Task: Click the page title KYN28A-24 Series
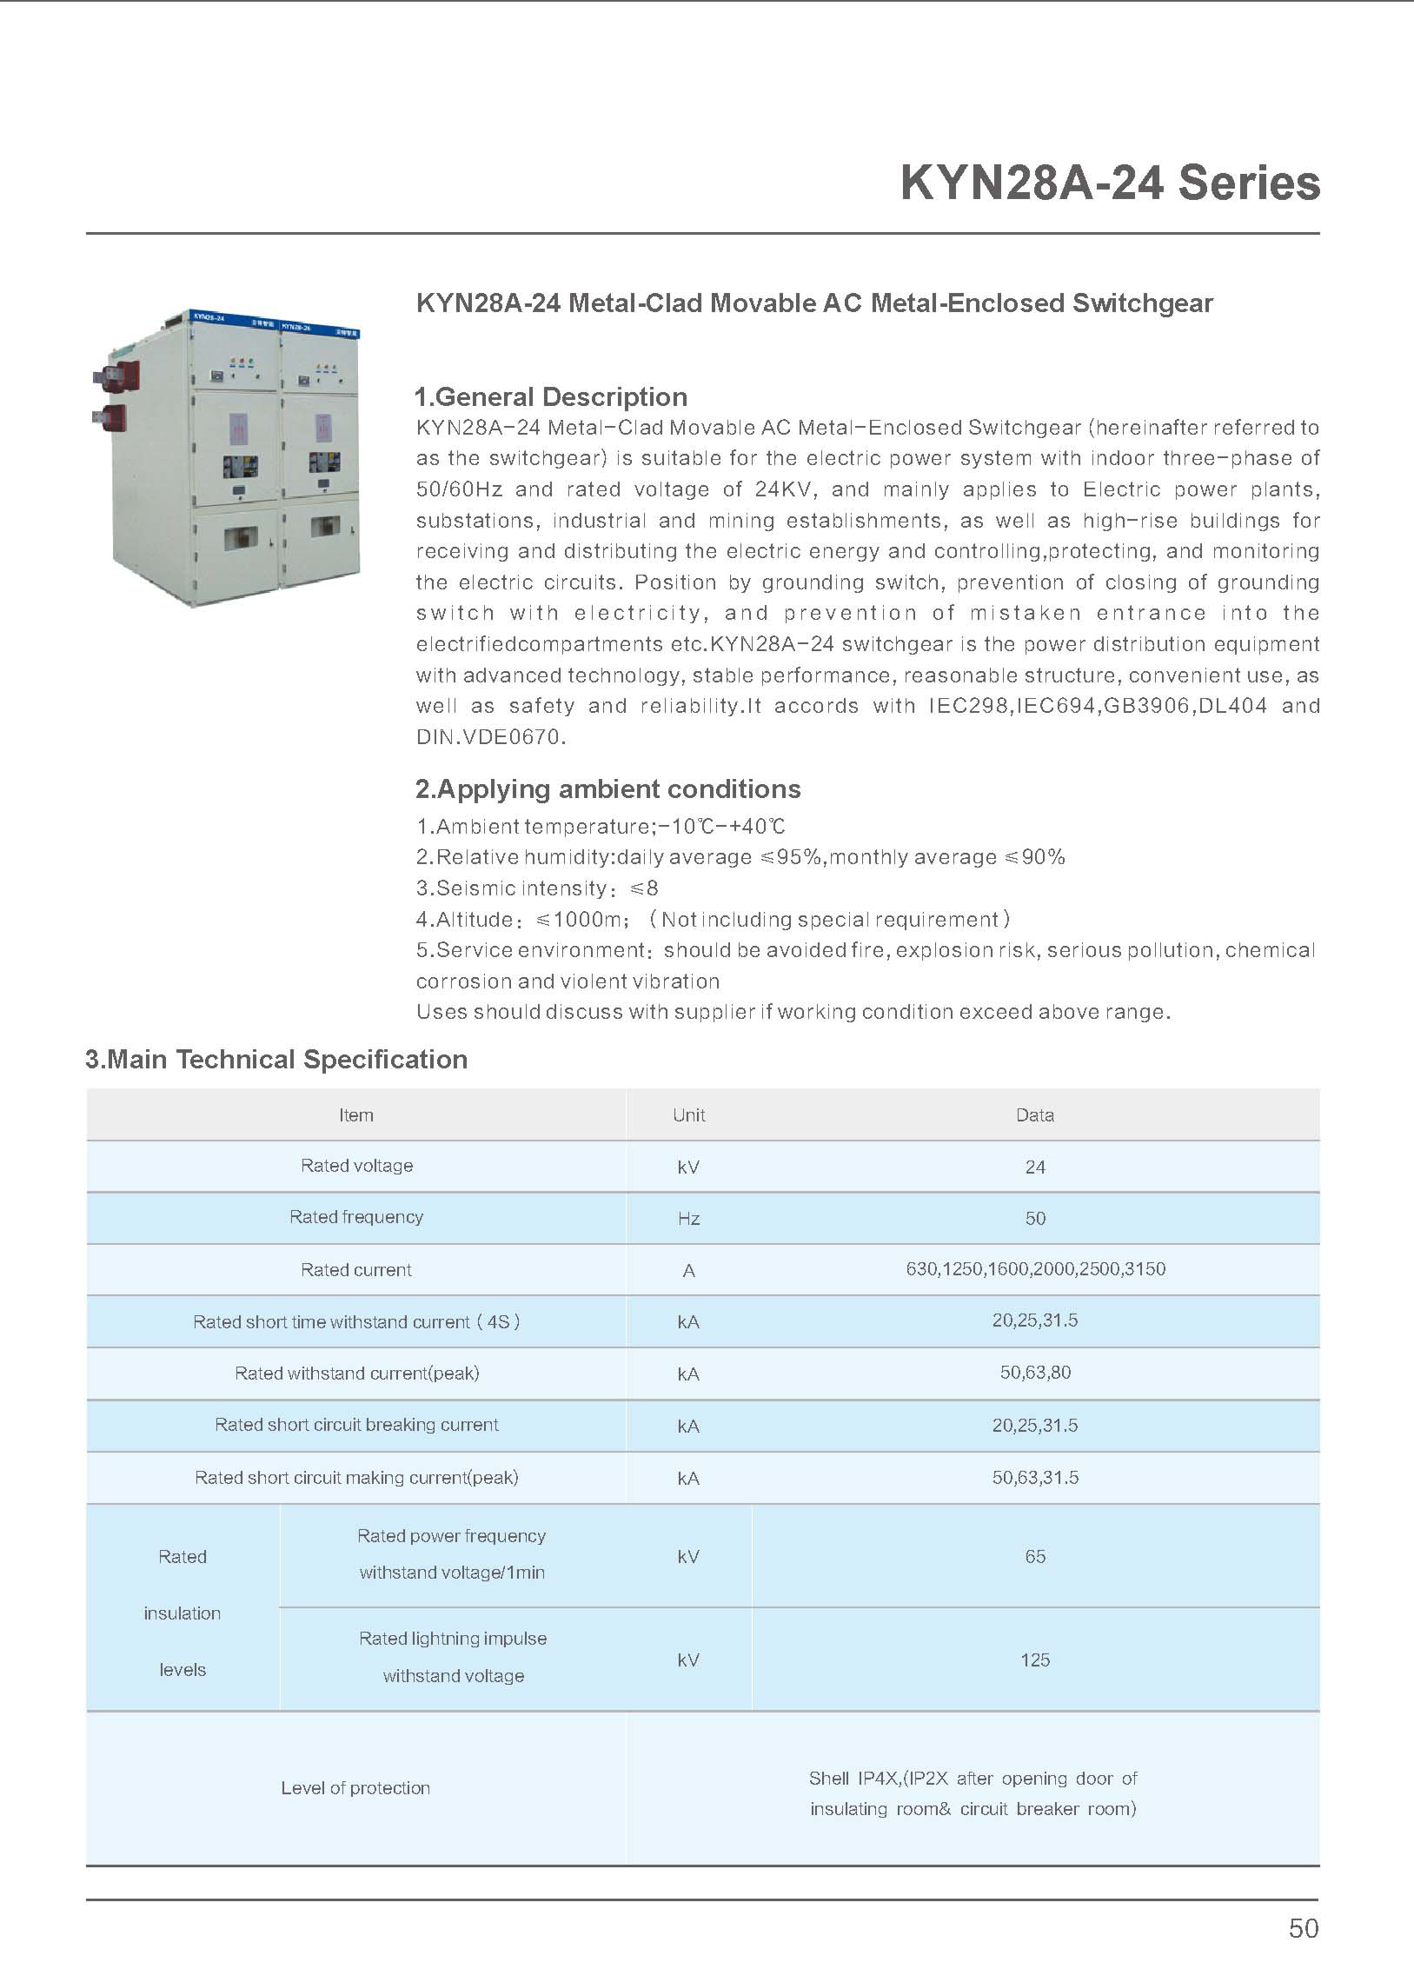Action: click(1110, 183)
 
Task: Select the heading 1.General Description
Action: click(551, 397)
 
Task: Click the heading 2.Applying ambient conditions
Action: click(607, 789)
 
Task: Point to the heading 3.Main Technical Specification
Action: click(276, 1060)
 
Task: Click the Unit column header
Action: click(688, 1115)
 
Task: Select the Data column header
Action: click(1034, 1115)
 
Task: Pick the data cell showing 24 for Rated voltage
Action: click(1034, 1167)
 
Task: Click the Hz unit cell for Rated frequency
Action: click(688, 1219)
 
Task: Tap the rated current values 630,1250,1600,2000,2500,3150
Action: click(1035, 1269)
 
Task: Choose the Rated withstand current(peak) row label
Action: click(356, 1374)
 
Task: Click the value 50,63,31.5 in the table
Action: click(1035, 1478)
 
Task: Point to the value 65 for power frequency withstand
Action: click(1034, 1556)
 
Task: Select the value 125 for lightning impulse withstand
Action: click(1034, 1660)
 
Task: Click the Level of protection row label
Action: click(355, 1788)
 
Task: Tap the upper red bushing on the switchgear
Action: click(112, 375)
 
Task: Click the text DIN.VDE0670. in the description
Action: click(491, 738)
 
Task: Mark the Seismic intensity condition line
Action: click(537, 888)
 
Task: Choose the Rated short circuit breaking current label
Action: click(356, 1425)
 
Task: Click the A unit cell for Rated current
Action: click(688, 1271)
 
